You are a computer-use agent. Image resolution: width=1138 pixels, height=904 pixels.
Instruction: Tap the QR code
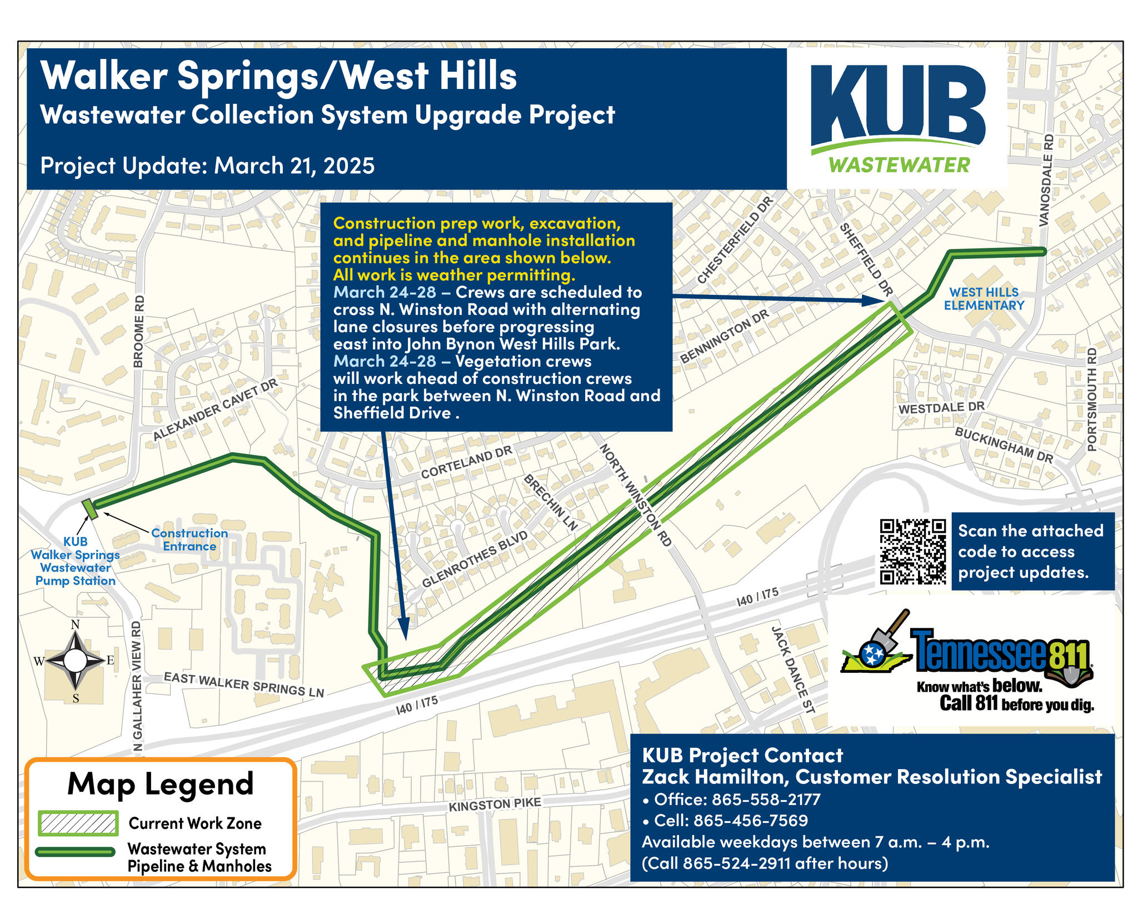click(x=912, y=551)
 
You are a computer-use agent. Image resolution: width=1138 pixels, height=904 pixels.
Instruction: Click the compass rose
click(x=76, y=661)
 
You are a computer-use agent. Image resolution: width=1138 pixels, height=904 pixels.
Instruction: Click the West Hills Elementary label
click(x=984, y=299)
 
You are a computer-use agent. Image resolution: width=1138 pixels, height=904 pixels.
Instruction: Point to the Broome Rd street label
click(x=139, y=331)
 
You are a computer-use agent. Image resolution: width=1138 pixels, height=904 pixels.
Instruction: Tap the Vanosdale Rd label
click(x=1046, y=180)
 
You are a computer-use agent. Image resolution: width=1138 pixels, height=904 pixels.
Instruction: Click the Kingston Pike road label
click(x=495, y=804)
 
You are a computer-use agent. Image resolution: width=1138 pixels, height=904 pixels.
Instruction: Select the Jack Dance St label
click(x=792, y=670)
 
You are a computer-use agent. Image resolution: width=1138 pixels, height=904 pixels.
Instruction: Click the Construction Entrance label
click(x=189, y=540)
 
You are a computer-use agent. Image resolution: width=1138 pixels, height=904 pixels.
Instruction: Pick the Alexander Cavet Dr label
click(x=215, y=410)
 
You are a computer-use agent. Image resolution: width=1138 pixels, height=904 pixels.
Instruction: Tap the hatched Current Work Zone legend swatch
click(x=78, y=823)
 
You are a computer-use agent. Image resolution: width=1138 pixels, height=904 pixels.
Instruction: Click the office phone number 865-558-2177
click(x=765, y=800)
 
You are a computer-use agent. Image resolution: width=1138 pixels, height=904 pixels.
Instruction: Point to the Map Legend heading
click(x=160, y=785)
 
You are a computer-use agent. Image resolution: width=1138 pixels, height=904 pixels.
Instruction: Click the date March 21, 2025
click(x=295, y=166)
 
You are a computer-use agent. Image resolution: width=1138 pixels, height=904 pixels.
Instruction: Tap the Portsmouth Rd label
click(x=1092, y=399)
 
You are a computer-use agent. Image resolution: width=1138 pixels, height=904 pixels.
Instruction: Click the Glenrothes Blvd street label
click(x=475, y=560)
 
